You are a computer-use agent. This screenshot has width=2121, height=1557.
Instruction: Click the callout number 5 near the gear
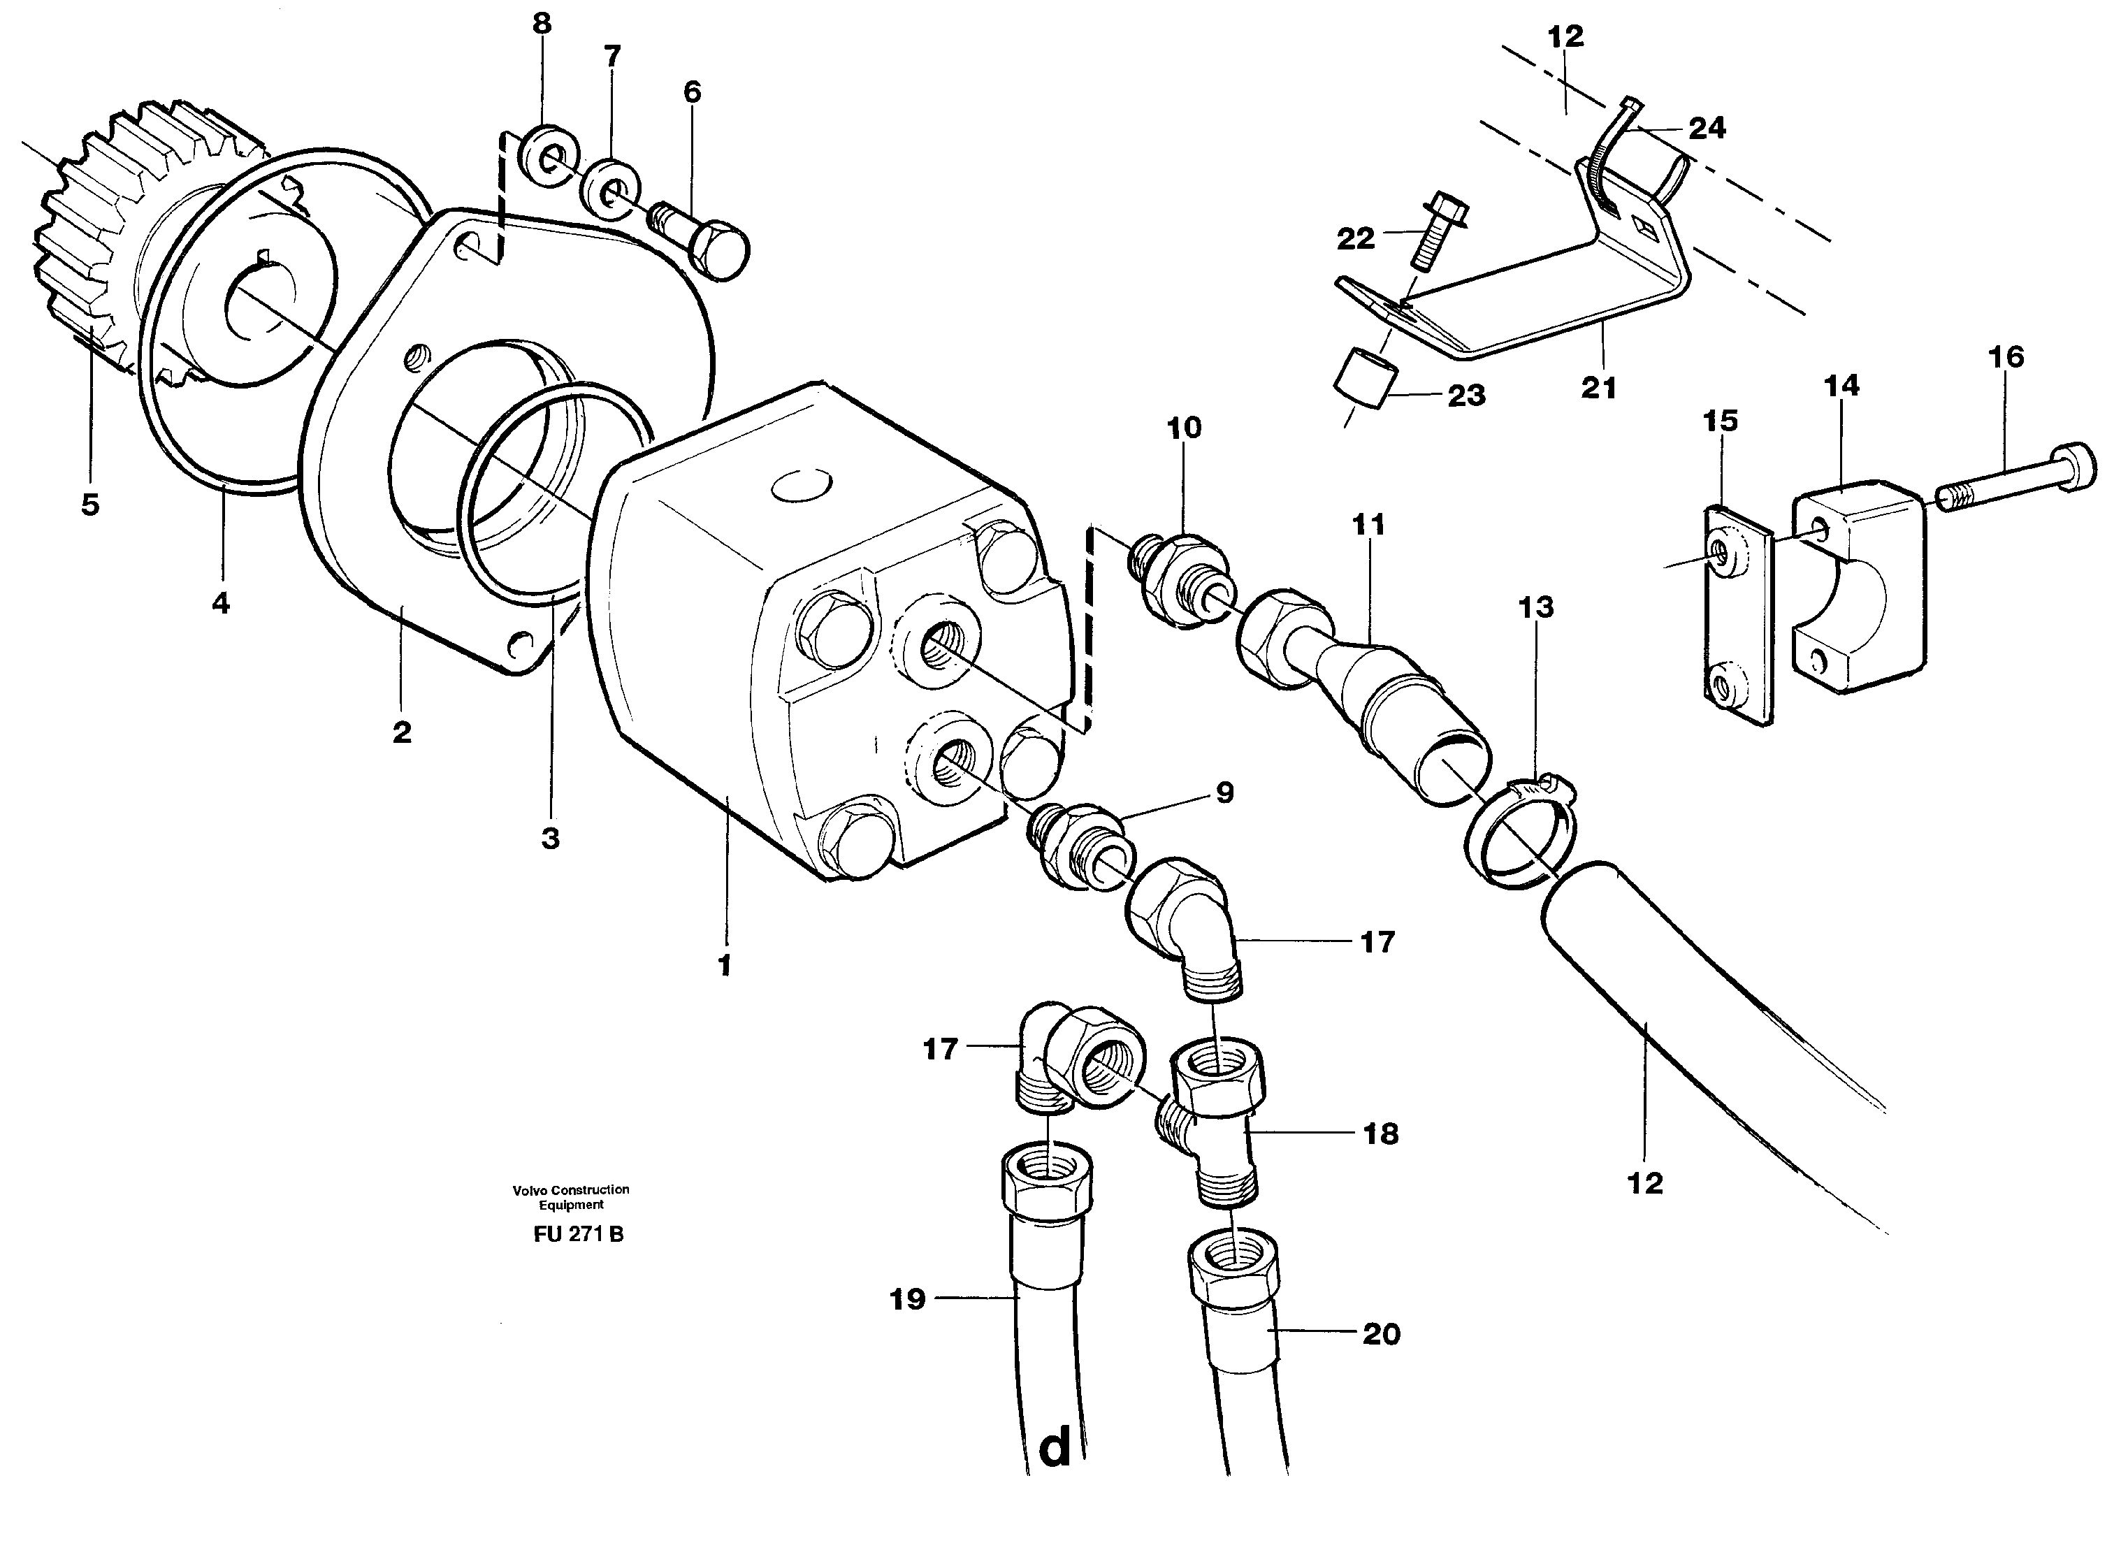click(x=89, y=505)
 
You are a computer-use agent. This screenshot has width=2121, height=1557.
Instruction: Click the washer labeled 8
click(x=544, y=156)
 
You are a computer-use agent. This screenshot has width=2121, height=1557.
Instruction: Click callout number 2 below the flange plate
click(x=403, y=732)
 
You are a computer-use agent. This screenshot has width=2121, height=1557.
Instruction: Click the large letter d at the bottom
click(x=1055, y=1447)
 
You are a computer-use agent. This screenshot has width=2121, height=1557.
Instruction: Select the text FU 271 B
click(x=578, y=1235)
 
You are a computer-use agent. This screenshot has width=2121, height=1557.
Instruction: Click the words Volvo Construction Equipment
click(x=571, y=1197)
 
